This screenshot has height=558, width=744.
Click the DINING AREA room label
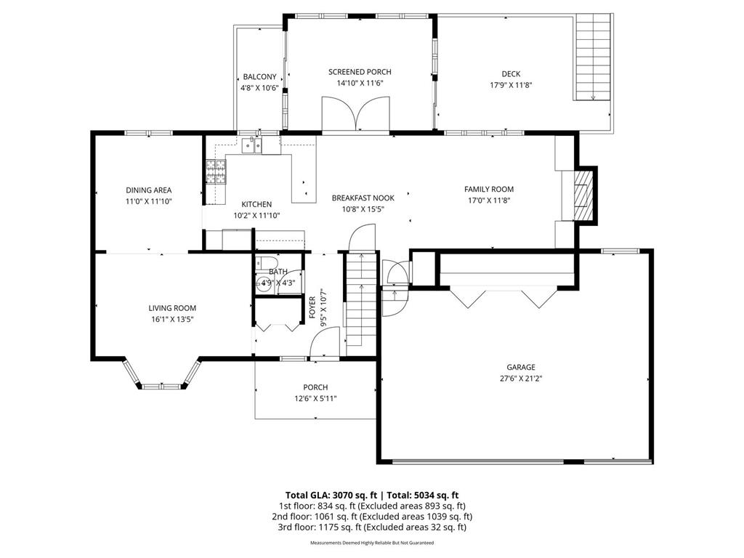(148, 190)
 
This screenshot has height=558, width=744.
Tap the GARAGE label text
(520, 367)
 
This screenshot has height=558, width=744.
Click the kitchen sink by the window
(251, 145)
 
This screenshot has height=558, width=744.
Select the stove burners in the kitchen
(216, 171)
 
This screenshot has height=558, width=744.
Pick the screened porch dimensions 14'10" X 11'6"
(360, 83)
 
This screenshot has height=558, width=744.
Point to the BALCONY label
(259, 77)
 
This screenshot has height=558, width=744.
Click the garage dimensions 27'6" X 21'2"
(520, 379)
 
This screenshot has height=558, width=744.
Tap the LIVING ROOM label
(172, 308)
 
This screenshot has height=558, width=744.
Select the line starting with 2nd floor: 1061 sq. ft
(372, 517)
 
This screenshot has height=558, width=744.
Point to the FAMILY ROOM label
(489, 190)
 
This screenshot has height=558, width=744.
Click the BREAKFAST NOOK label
(363, 198)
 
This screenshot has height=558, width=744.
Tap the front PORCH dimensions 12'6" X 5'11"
(315, 399)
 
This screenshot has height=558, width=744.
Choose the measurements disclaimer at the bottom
(372, 543)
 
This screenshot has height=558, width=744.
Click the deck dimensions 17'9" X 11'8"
(511, 86)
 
